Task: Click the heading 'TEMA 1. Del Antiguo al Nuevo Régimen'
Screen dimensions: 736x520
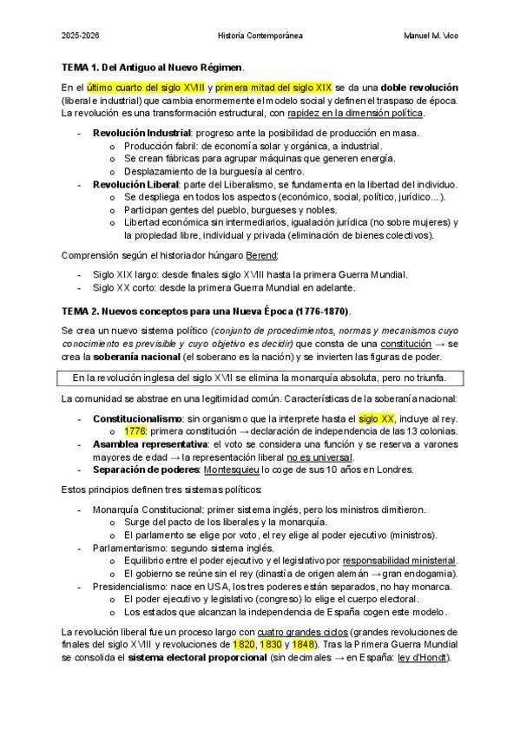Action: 152,67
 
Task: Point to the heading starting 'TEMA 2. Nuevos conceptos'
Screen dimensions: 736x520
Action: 206,311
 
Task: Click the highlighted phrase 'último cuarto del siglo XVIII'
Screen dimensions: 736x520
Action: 148,89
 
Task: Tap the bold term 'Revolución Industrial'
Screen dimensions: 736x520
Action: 142,133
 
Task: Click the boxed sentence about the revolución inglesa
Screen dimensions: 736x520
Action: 259,378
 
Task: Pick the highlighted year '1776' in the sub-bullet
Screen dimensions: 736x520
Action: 135,430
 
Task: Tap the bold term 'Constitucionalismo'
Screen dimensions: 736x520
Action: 137,418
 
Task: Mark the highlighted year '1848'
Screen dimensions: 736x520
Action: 303,645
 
